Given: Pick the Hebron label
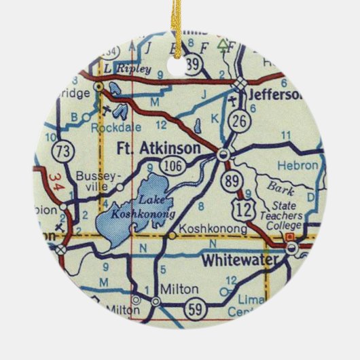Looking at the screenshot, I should pyautogui.click(x=300, y=165).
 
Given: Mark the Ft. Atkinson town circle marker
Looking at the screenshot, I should pyautogui.click(x=223, y=156).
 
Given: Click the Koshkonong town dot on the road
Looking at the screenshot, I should pyautogui.click(x=173, y=236).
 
